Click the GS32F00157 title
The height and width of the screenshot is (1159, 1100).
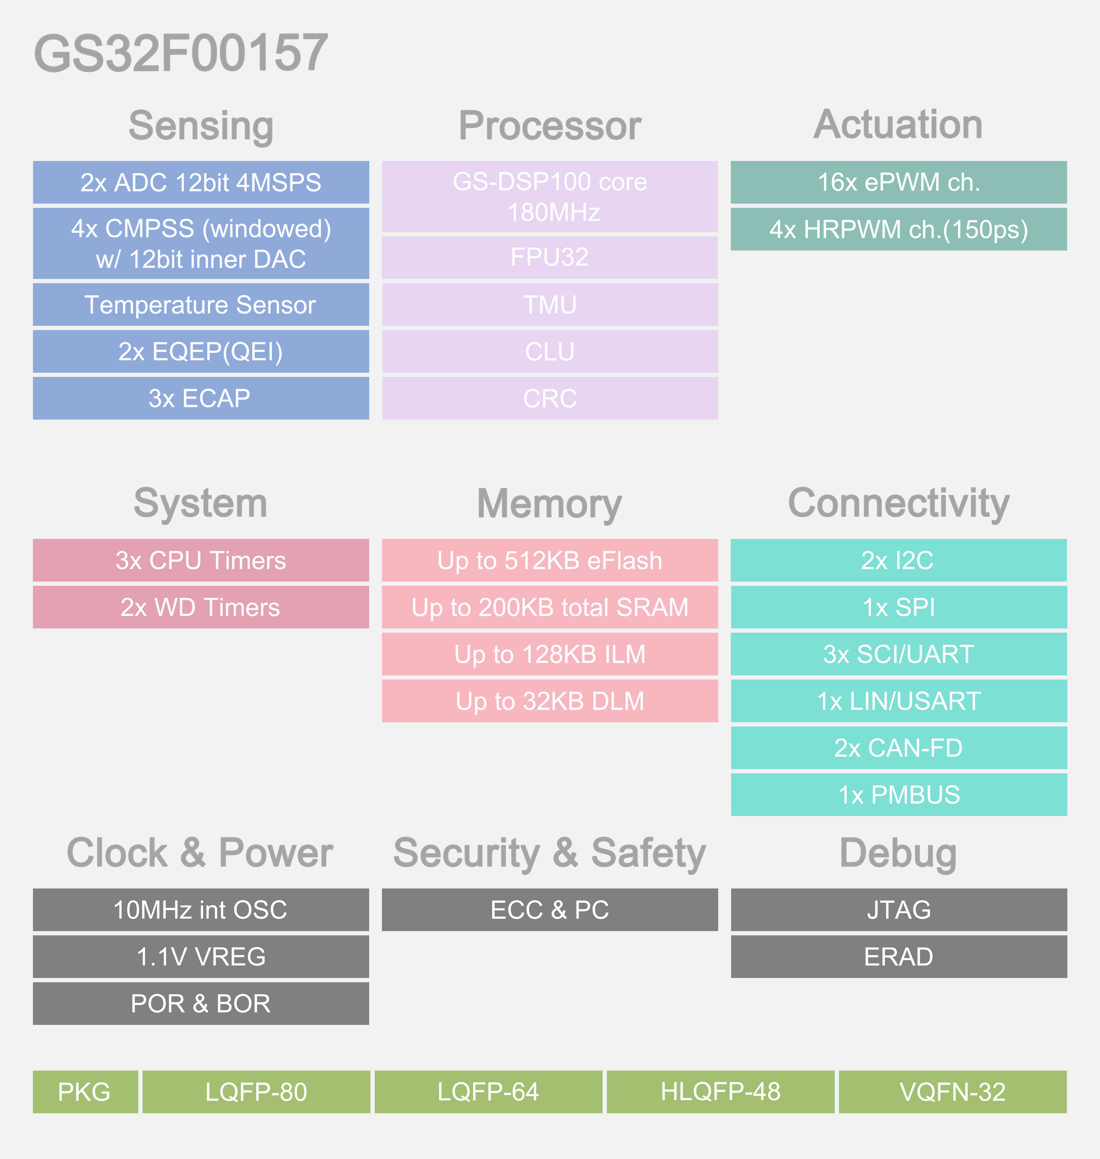pos(181,53)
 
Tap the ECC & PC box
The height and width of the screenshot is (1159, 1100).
pos(550,910)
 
